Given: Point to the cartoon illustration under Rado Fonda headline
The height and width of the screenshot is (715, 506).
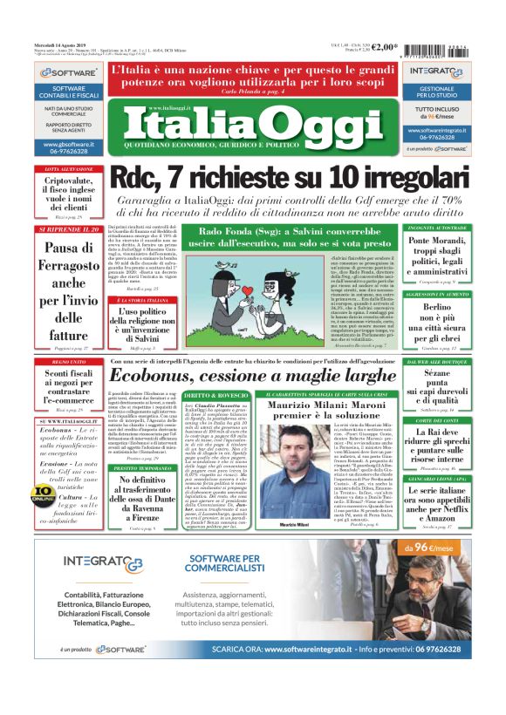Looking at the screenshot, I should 262,297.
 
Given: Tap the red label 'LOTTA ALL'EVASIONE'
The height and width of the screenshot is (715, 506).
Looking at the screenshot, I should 64,168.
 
